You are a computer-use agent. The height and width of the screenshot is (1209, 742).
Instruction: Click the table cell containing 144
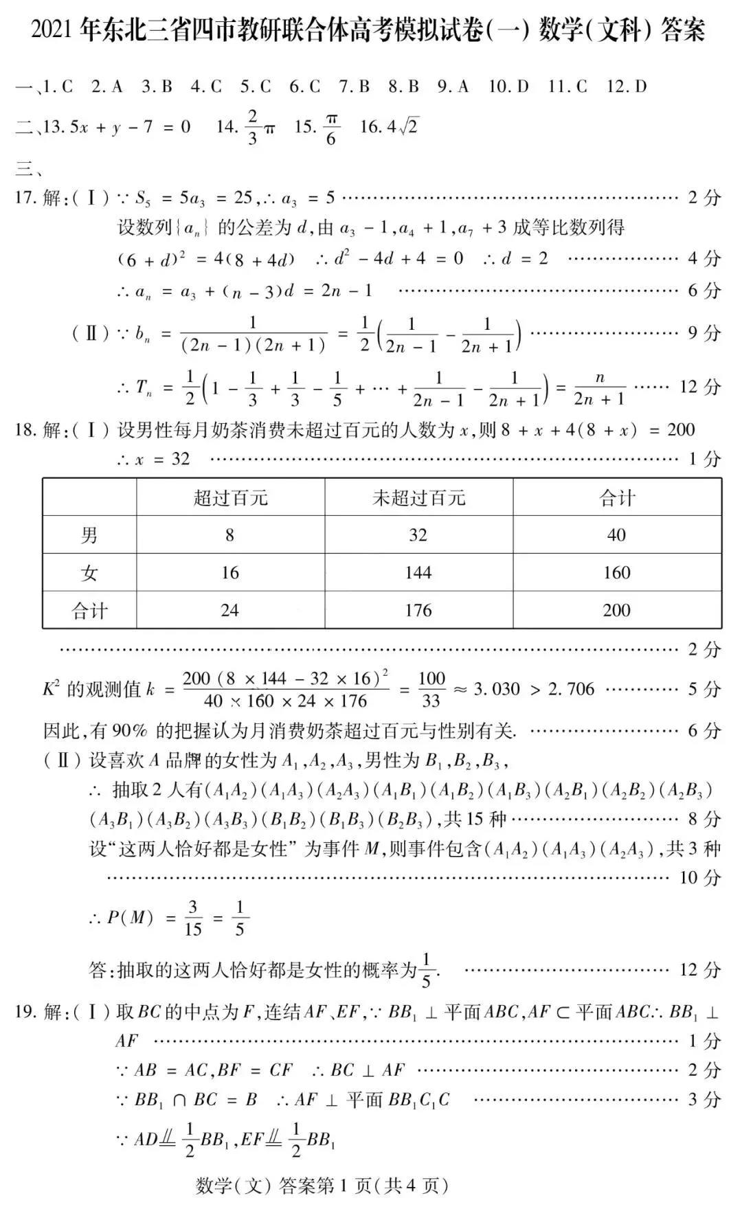[x=418, y=572]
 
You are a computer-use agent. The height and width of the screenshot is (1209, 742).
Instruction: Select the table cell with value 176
[x=418, y=610]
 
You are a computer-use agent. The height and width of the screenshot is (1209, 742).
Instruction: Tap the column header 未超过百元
[x=418, y=497]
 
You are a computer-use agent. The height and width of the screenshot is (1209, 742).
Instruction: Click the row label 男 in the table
[x=89, y=534]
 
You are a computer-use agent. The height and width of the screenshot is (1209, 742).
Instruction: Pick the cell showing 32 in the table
[x=418, y=534]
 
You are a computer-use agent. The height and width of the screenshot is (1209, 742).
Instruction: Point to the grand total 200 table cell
[x=616, y=610]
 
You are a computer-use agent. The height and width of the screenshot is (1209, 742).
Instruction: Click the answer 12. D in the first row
[x=626, y=87]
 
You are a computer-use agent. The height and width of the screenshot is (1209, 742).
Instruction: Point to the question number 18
[x=25, y=431]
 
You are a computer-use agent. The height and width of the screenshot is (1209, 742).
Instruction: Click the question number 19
[x=25, y=1012]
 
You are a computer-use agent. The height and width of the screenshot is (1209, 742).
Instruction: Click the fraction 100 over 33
[x=431, y=690]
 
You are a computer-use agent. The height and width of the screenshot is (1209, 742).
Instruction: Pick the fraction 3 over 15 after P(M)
[x=193, y=918]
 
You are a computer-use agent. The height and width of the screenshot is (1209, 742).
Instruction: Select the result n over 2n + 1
[x=599, y=388]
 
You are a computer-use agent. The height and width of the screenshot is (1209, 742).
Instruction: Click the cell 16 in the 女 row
[x=229, y=572]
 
